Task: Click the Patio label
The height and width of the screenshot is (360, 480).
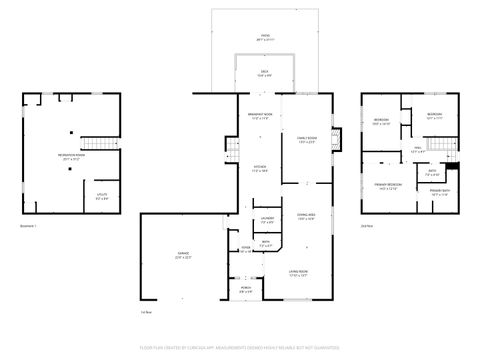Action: pyautogui.click(x=265, y=35)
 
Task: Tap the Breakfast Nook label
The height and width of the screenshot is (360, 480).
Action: pyautogui.click(x=260, y=117)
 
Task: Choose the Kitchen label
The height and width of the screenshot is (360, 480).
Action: pyautogui.click(x=260, y=169)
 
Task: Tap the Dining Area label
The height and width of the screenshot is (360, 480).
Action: pyautogui.click(x=306, y=216)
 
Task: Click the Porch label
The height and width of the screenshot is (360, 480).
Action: pyautogui.click(x=246, y=290)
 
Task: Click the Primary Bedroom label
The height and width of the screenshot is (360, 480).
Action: pyautogui.click(x=389, y=187)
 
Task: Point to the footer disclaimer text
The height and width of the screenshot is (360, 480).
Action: pyautogui.click(x=240, y=348)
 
